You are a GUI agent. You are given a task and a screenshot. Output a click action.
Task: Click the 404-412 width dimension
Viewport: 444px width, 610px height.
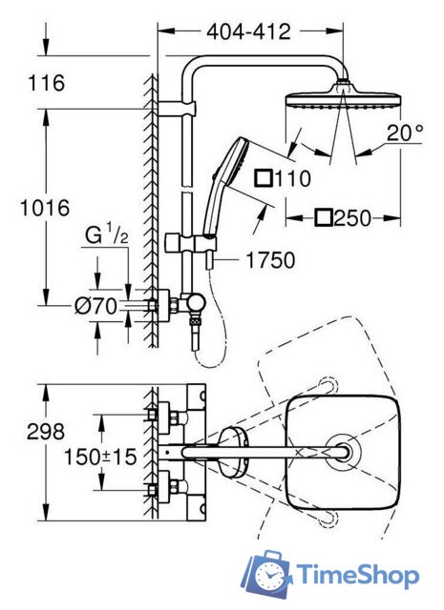(248, 31)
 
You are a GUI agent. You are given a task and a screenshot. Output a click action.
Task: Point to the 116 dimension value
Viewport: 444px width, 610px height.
(47, 83)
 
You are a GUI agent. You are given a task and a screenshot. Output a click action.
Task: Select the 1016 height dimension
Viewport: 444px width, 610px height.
(45, 208)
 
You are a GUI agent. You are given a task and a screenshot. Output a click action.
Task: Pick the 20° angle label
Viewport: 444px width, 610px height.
(405, 132)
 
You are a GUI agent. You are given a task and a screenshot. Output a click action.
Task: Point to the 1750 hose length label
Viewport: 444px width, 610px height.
(270, 260)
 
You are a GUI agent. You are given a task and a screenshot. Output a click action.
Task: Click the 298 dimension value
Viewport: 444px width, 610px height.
(46, 432)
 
